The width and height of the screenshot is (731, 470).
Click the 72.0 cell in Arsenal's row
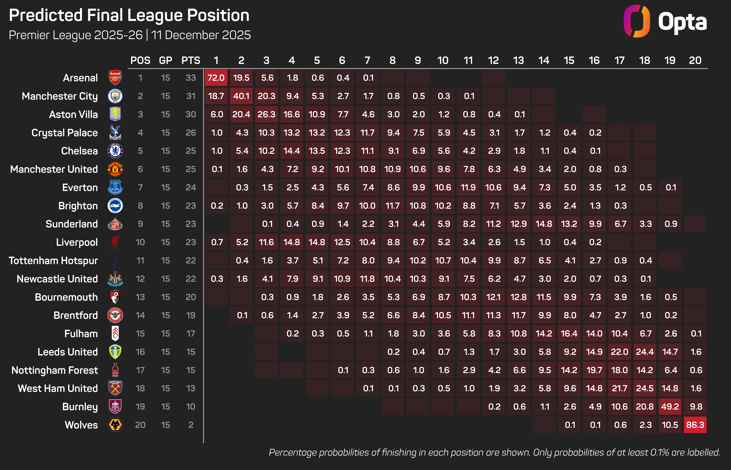216,78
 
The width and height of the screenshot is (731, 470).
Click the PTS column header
191,60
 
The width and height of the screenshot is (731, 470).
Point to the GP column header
166,60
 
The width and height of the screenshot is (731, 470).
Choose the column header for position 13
518,60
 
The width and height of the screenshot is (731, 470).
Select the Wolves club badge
115,425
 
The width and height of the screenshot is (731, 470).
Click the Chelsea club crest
115,151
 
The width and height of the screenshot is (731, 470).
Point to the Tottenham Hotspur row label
53,261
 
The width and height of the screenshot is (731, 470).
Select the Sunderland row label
72,224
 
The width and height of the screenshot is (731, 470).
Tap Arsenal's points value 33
191,78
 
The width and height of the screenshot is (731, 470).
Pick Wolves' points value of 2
191,425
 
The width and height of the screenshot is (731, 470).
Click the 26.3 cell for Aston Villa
266,114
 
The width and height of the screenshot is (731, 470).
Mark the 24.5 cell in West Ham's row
645,388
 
